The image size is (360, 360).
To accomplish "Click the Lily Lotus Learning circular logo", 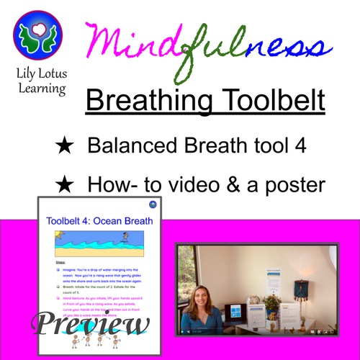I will [37, 35].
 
